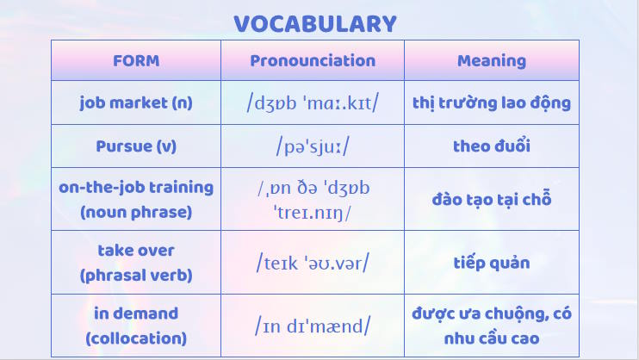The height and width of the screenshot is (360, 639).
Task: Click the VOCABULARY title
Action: pos(315,23)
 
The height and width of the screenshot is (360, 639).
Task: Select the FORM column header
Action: pos(136,61)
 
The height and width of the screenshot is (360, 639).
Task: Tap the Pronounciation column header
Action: pos(313,61)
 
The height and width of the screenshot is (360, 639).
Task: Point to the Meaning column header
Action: pos(491,61)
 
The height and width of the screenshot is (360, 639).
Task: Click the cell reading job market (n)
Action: pos(136,103)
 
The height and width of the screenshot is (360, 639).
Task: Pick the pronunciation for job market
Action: pos(313,103)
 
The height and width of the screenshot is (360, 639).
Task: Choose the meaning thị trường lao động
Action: pos(491,103)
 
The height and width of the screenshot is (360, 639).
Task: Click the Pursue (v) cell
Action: pos(136,146)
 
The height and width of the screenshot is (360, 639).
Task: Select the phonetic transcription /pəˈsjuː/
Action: pos(313,146)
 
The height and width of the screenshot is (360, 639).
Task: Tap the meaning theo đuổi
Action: pos(491,146)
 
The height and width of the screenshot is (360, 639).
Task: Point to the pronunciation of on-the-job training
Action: pos(313,199)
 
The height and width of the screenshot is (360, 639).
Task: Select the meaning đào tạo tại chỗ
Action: pos(491,199)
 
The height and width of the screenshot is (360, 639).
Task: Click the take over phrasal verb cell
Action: pos(136,263)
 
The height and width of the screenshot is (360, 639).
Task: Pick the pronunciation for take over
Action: pos(313,263)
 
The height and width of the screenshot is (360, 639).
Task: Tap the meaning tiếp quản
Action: pos(491,263)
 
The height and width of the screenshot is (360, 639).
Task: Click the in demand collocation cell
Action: pos(136,326)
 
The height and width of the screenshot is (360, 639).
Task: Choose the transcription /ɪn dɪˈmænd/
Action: pos(313,326)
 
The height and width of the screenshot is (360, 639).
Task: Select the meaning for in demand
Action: pos(491,326)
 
